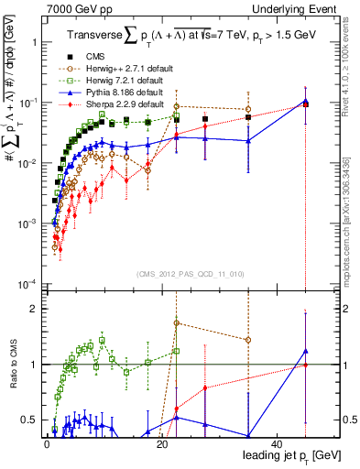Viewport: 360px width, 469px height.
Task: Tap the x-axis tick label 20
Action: point(161,442)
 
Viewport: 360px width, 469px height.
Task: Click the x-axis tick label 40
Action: point(278,442)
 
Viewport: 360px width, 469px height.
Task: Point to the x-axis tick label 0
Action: point(46,442)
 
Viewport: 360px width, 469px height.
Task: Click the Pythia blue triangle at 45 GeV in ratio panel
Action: point(306,351)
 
